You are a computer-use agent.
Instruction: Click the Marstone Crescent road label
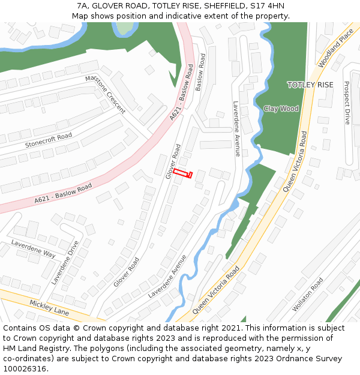pos(106,95)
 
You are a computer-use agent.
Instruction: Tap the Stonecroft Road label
pos(49,141)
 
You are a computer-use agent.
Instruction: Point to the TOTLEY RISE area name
pos(310,85)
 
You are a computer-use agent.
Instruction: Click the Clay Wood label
pos(281,109)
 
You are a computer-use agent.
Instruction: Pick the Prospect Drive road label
pos(347,103)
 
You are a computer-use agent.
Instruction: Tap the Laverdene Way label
pos(33,248)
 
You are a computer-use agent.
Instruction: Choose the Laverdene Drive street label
pos(65,262)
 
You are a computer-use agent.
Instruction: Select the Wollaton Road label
pos(307,294)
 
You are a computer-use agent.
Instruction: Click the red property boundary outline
pos(182,174)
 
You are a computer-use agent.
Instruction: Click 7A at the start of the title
pos(82,6)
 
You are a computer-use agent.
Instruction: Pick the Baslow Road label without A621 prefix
pos(200,72)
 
